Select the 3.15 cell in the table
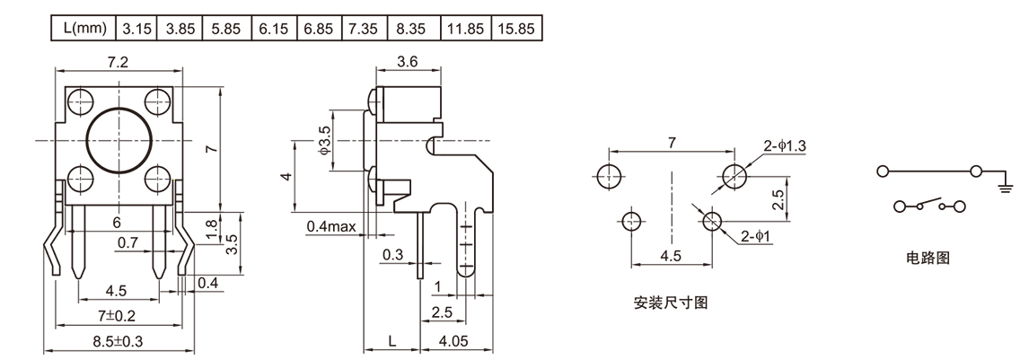pos(136,29)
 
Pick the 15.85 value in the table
pos(515,29)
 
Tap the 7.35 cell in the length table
pos(364,29)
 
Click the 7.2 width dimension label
pos(118,61)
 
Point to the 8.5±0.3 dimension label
pos(118,341)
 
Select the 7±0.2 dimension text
pos(118,316)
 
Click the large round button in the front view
pos(117,140)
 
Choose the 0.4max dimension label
pos(330,225)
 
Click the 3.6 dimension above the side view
pos(408,61)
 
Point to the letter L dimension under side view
pos(392,341)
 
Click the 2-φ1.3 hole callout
pos(785,145)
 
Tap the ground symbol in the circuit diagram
pos(1004,187)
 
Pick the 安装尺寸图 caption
pos(671,303)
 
